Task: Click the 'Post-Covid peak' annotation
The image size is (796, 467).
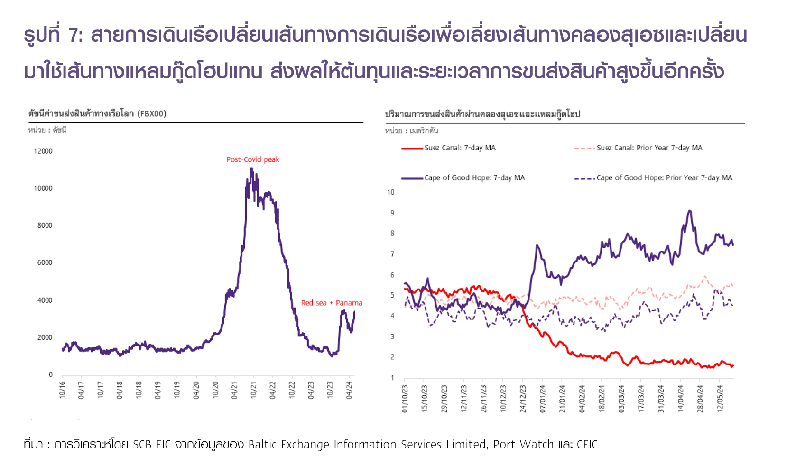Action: pyautogui.click(x=252, y=159)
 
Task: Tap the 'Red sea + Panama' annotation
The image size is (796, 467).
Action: pyautogui.click(x=331, y=303)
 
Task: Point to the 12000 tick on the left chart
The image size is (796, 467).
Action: pyautogui.click(x=43, y=151)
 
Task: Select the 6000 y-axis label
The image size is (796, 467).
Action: pyautogui.click(x=45, y=262)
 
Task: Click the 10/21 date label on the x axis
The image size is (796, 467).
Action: pyautogui.click(x=254, y=390)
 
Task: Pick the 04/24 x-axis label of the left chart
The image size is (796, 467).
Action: pyautogui.click(x=350, y=390)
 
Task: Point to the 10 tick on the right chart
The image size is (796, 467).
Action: pyautogui.click(x=390, y=192)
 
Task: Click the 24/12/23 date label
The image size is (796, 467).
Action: pyautogui.click(x=523, y=399)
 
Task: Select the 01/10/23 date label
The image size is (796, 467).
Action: pyautogui.click(x=405, y=399)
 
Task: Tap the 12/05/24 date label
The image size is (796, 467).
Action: pyautogui.click(x=720, y=399)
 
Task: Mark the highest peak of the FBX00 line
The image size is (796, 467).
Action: pyautogui.click(x=251, y=168)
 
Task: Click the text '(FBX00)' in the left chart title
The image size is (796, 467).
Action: pyautogui.click(x=152, y=113)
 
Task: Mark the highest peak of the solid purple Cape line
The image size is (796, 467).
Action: pyautogui.click(x=689, y=210)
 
